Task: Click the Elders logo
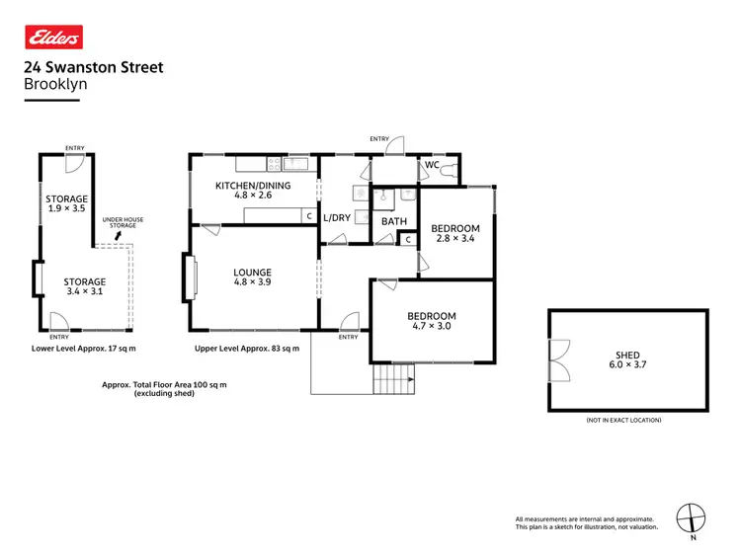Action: [x=53, y=38]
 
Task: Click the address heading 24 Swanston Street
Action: [x=93, y=68]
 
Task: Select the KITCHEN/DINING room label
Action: [x=252, y=185]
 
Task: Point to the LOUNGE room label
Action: [x=252, y=273]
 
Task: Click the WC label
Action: [x=432, y=165]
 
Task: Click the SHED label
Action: [x=627, y=356]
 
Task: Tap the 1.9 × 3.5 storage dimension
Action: [x=66, y=209]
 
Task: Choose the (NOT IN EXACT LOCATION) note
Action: [x=623, y=420]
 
